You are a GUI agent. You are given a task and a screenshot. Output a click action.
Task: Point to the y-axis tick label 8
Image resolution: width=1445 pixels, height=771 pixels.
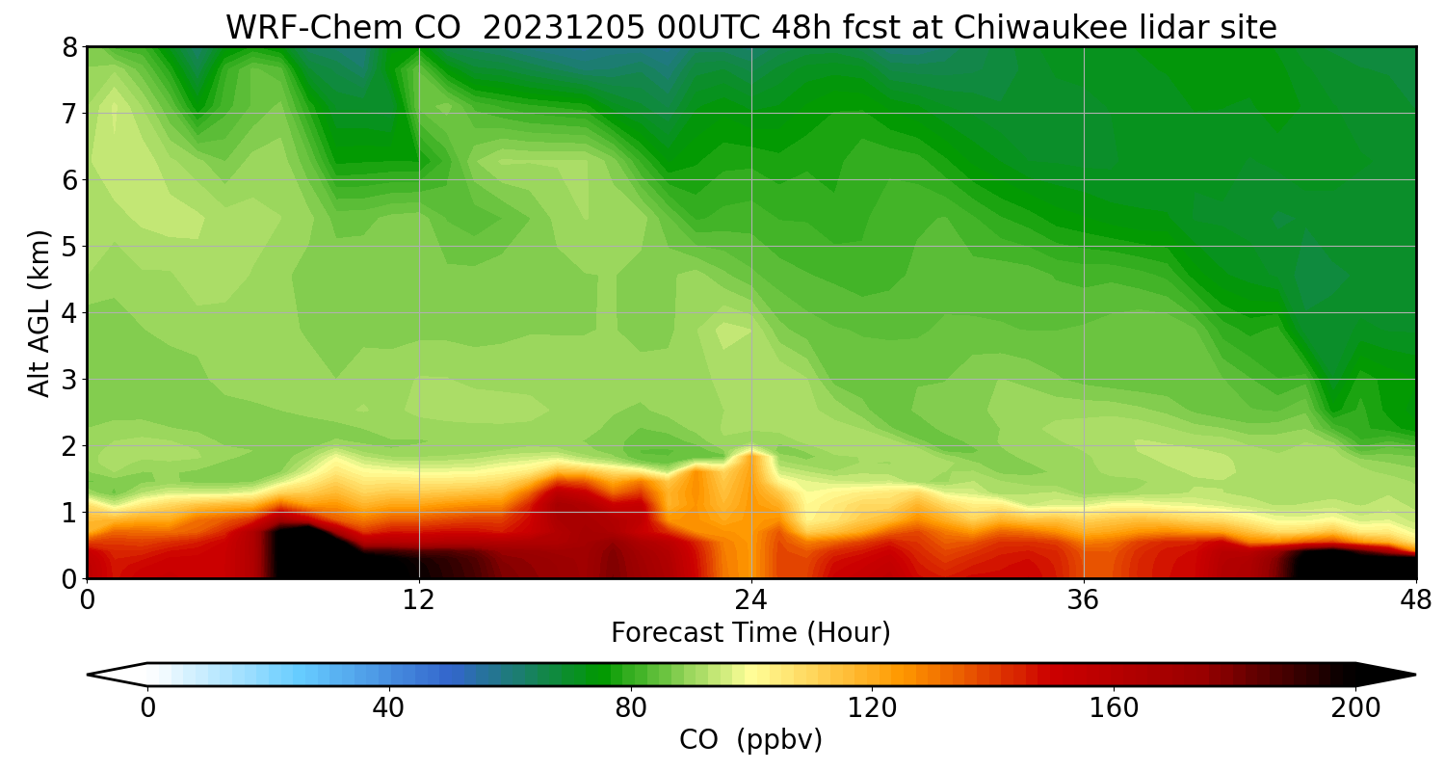click(x=70, y=47)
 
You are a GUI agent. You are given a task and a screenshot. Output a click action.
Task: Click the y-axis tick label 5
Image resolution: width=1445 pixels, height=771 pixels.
click(x=70, y=247)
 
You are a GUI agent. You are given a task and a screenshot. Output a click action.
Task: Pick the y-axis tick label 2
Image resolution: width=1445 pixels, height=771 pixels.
click(x=70, y=446)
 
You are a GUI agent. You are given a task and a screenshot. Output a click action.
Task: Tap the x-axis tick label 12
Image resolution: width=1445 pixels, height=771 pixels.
click(x=419, y=600)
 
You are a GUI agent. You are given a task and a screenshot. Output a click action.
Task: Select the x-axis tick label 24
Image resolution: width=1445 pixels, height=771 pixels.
click(x=751, y=600)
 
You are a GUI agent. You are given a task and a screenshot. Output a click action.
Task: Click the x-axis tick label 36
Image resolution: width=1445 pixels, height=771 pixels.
click(x=1084, y=600)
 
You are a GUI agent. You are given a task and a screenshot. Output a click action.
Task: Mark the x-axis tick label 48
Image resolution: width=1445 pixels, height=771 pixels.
click(x=1415, y=600)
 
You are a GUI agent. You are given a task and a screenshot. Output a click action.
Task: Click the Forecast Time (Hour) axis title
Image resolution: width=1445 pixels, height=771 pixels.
click(x=750, y=633)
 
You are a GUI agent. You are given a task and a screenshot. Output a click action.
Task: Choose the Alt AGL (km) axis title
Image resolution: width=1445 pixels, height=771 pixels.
click(x=39, y=313)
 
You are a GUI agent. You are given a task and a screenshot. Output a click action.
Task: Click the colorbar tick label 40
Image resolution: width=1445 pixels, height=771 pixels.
click(x=388, y=708)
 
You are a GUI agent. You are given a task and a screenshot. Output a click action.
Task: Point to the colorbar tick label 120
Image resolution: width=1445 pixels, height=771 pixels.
click(x=872, y=708)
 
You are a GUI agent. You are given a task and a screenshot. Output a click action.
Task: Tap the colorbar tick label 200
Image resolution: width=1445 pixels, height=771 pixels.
click(x=1355, y=708)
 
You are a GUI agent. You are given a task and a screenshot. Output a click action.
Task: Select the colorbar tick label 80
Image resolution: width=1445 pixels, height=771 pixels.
click(x=630, y=708)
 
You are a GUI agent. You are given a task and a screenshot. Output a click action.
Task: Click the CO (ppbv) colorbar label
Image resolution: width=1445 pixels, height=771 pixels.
click(x=750, y=740)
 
